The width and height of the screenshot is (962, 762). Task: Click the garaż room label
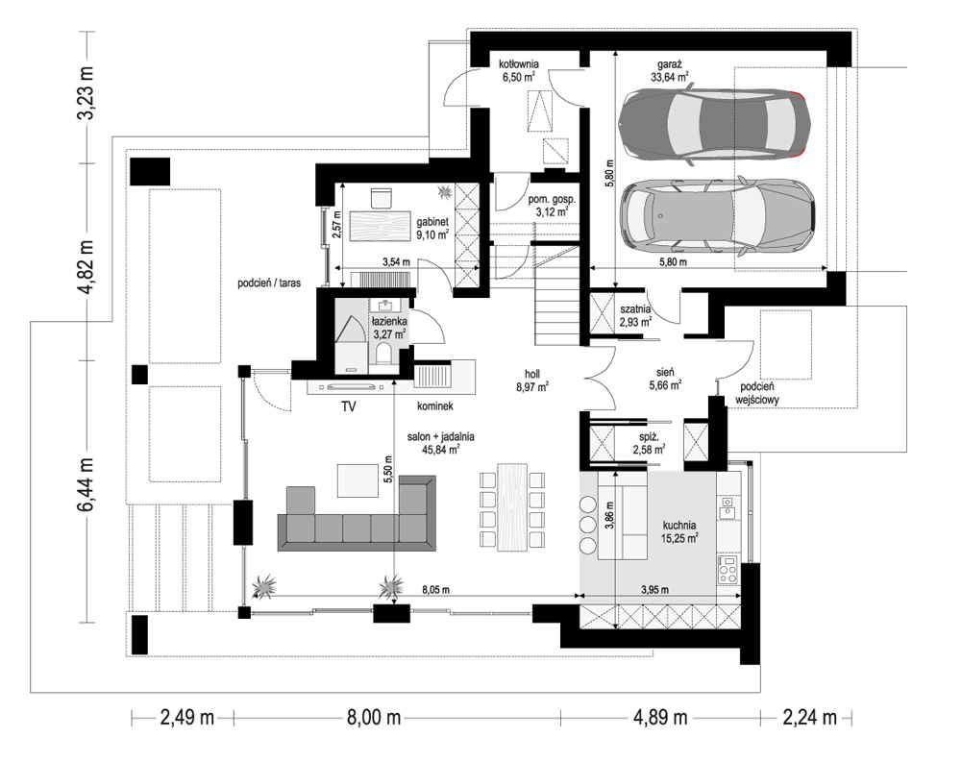pos(669,70)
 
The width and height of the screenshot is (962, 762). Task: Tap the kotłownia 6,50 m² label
pos(518,70)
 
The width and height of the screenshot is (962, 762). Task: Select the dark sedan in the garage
pos(714,126)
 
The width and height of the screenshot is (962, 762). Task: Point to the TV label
pos(349,406)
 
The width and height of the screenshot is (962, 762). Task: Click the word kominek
pos(435,406)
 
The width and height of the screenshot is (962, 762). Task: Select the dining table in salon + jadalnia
pos(512,507)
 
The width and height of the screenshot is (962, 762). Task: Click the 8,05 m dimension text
pos(435,590)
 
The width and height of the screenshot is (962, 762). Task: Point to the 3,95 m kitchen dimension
pos(654,590)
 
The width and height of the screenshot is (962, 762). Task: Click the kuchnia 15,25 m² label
pos(679,532)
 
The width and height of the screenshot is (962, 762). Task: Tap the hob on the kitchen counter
pos(728,569)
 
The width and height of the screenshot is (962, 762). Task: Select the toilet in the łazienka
pos(384,355)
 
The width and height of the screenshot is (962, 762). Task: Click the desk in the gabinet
pos(380,226)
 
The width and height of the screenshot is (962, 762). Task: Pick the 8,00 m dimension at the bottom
pos(374,717)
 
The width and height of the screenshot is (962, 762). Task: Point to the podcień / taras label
pos(269,283)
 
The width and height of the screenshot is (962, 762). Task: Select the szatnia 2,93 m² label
pos(635,315)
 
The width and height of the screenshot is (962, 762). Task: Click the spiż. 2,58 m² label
pos(649,444)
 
